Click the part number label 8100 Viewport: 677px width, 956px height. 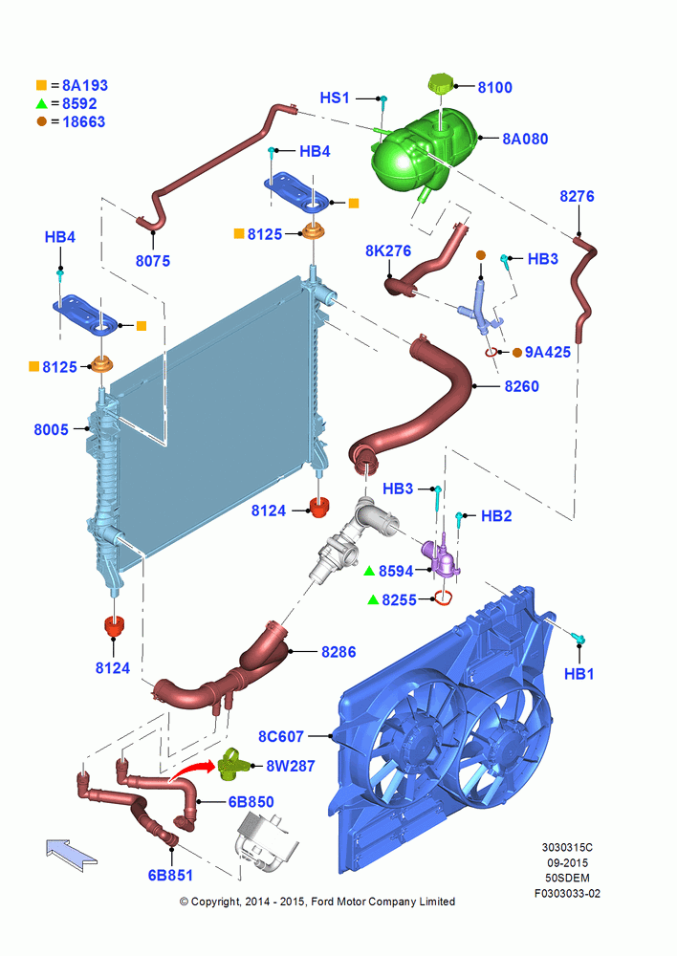tap(494, 87)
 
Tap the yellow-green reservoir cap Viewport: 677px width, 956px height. tap(440, 83)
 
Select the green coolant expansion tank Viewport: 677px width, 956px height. tap(423, 152)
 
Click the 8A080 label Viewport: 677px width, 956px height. tap(525, 139)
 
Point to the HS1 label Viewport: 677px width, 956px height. tap(335, 98)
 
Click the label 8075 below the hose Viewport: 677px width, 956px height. tap(152, 261)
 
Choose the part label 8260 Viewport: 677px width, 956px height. tap(521, 386)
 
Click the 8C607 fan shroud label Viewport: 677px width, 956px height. tap(280, 736)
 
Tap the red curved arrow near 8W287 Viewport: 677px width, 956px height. tap(191, 770)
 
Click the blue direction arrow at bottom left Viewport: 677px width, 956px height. tap(72, 854)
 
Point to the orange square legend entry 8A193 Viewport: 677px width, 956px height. tap(72, 85)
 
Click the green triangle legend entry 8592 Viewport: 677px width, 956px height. tap(67, 103)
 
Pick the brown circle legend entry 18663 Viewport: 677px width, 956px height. tap(71, 122)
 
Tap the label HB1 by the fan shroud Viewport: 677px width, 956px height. tap(579, 674)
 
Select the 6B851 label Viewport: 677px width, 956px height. tap(170, 875)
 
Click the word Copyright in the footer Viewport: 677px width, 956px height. tap(215, 902)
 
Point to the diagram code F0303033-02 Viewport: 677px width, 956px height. tap(567, 894)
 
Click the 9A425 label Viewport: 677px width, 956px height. tap(548, 352)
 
